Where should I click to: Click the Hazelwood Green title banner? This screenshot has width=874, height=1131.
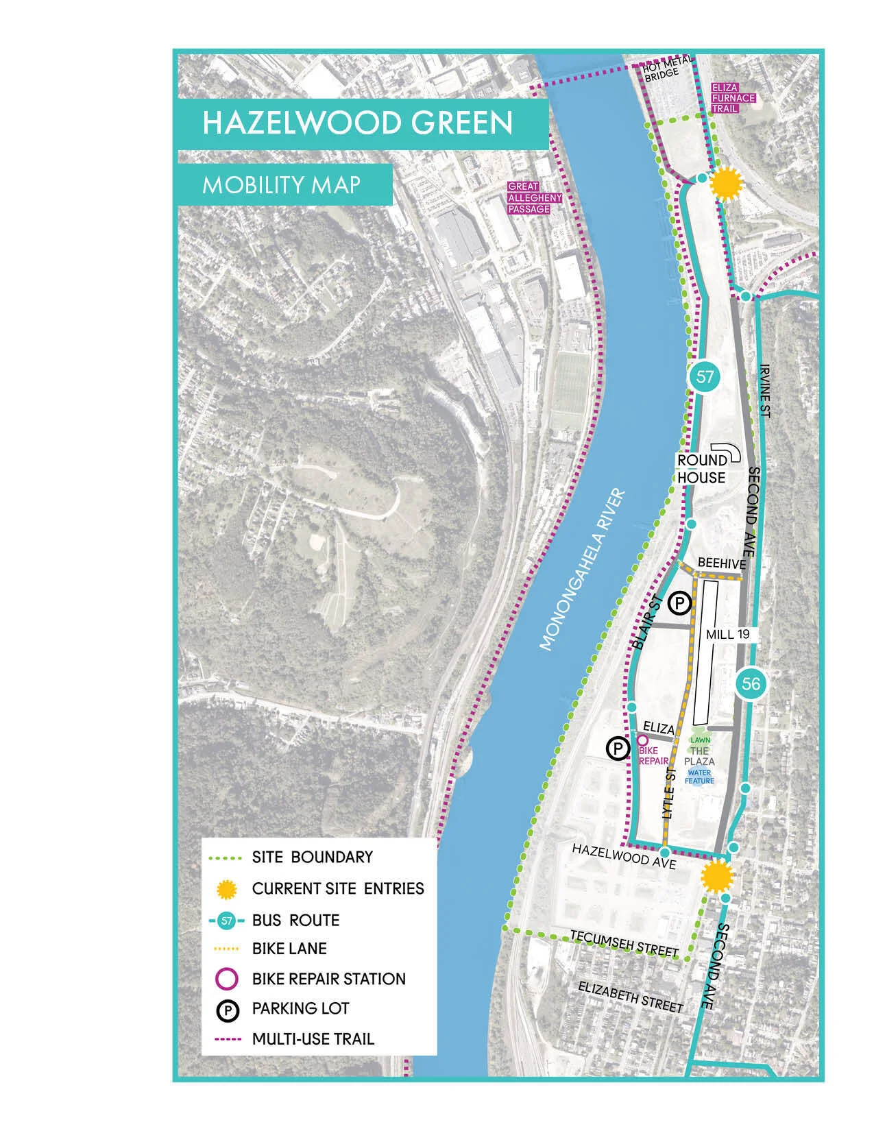pyautogui.click(x=357, y=123)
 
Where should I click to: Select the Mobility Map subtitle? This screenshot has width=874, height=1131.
pyautogui.click(x=281, y=185)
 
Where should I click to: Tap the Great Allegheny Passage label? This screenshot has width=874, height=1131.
pyautogui.click(x=534, y=197)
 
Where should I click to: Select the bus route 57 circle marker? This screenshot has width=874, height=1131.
pyautogui.click(x=705, y=376)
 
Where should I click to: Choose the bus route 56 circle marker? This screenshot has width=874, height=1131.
pyautogui.click(x=751, y=683)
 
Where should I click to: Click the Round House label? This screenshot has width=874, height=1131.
pyautogui.click(x=702, y=469)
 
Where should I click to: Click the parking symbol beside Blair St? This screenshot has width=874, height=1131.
pyautogui.click(x=679, y=603)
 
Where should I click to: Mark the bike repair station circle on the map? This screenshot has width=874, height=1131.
pyautogui.click(x=642, y=740)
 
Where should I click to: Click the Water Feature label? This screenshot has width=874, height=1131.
pyautogui.click(x=699, y=777)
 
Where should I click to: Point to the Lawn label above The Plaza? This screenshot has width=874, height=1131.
pyautogui.click(x=700, y=740)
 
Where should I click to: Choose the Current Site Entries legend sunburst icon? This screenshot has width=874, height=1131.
pyautogui.click(x=226, y=889)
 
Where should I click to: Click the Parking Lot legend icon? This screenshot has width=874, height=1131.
pyautogui.click(x=227, y=1009)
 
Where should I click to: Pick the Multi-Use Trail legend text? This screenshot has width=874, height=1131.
pyautogui.click(x=313, y=1038)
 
